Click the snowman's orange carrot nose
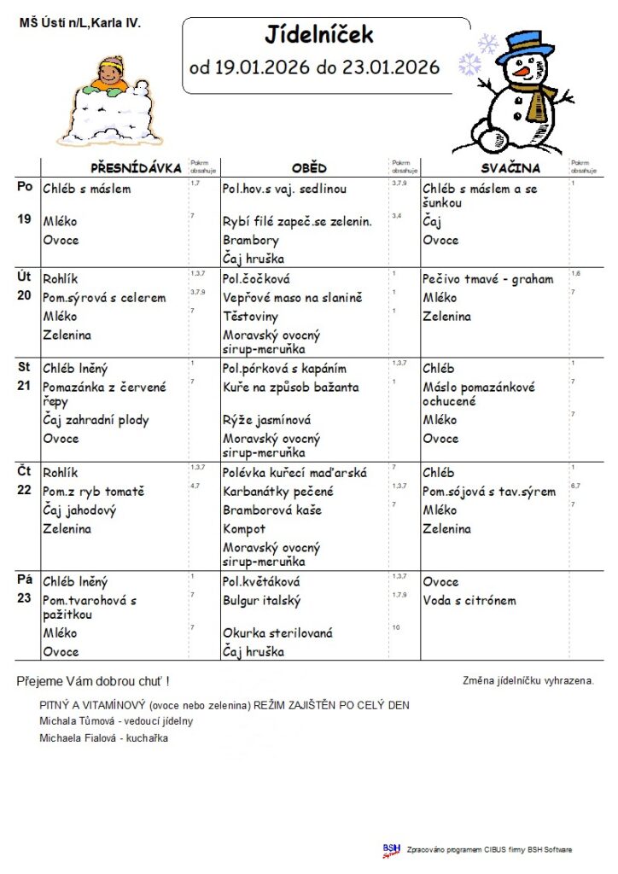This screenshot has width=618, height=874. [520, 73]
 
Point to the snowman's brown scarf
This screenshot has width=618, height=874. [535, 102]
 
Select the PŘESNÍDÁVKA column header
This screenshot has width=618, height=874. [136, 168]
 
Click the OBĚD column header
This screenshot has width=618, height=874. [308, 168]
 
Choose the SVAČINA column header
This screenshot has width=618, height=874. [511, 168]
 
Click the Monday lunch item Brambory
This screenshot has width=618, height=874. [251, 240]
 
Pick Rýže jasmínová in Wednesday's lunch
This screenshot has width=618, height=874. [266, 420]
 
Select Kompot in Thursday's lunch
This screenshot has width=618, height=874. [244, 529]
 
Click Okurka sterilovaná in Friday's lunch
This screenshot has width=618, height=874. [277, 633]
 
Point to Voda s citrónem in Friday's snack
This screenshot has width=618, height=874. [469, 600]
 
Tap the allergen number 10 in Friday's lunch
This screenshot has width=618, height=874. [396, 627]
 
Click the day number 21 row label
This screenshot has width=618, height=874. [24, 386]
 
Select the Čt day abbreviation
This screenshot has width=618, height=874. [24, 471]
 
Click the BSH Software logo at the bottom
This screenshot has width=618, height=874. [392, 849]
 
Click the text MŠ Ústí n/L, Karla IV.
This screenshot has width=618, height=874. [79, 23]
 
